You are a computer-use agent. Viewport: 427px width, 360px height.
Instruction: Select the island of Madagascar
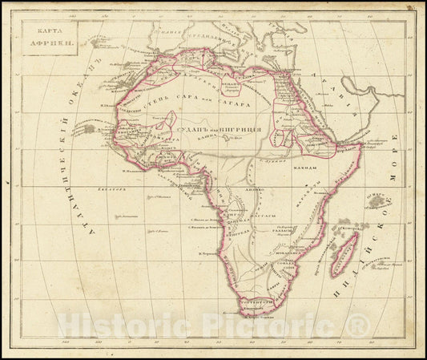(x=344, y=253)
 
